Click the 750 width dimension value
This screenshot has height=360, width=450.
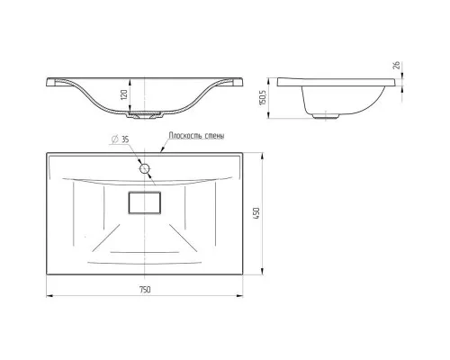pos(145,290)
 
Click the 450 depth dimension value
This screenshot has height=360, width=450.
pos(256,213)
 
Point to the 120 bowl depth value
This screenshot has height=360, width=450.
pos(124,94)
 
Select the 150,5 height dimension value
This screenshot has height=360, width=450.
pos(263,96)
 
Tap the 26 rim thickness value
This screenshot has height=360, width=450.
pos(396,66)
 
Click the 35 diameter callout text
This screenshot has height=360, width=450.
pos(125,139)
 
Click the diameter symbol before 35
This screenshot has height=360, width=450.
pos(114,139)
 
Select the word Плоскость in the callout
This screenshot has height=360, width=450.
pos(184,136)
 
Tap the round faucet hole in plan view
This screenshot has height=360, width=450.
pos(145,168)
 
